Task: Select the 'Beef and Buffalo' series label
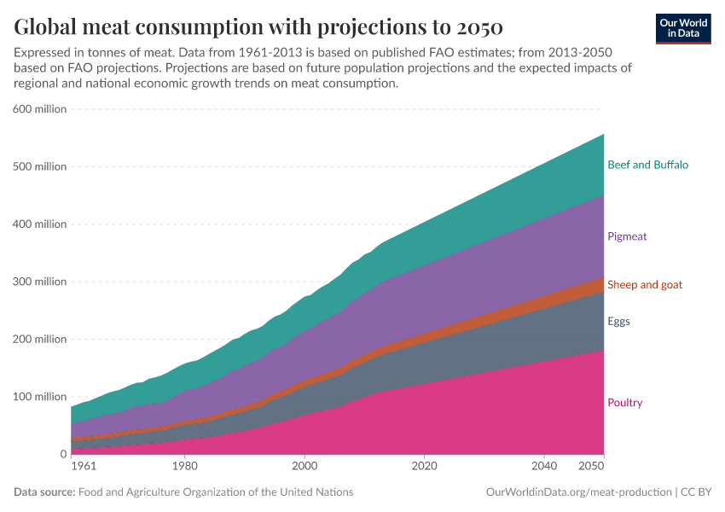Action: pos(647,165)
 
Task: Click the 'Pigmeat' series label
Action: pos(627,236)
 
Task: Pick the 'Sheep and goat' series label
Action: pos(644,284)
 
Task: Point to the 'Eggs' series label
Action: pos(619,322)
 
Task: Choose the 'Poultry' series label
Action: pos(624,403)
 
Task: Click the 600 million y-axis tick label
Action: pos(39,109)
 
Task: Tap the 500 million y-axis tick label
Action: pos(39,166)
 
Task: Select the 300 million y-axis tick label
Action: pos(39,282)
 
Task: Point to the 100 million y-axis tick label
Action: pos(39,397)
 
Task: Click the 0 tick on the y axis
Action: pos(62,454)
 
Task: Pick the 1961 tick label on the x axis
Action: pos(84,467)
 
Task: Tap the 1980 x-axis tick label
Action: pos(184,467)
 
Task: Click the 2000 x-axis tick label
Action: pos(304,467)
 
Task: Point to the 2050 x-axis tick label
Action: pos(591,467)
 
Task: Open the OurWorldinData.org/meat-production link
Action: pos(577,492)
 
